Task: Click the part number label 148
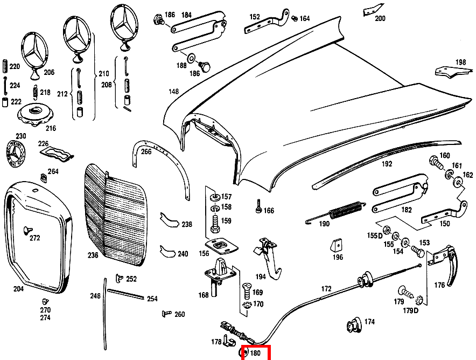pyautogui.click(x=173, y=92)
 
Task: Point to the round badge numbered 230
pyautogui.click(x=16, y=154)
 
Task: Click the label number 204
pyautogui.click(x=18, y=289)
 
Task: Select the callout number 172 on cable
pyautogui.click(x=327, y=289)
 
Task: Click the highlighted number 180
pyautogui.click(x=256, y=354)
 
